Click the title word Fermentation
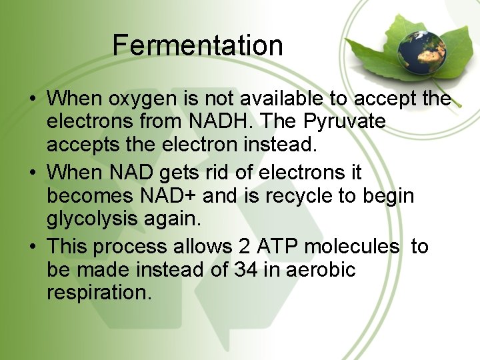(197, 45)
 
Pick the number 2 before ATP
(244, 246)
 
